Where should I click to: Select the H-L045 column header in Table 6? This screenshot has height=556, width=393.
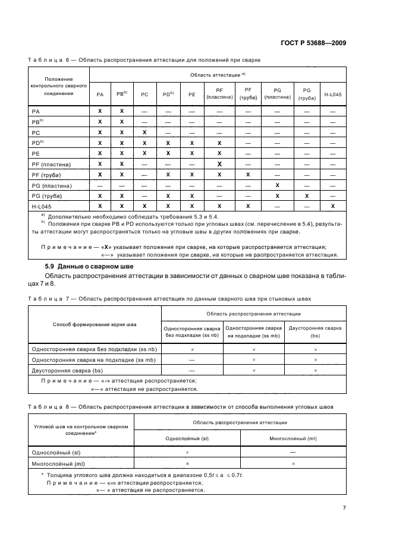pyautogui.click(x=332, y=94)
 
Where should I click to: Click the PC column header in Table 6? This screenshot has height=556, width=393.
pyautogui.click(x=144, y=94)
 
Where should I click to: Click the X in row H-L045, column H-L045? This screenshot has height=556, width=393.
pyautogui.click(x=332, y=206)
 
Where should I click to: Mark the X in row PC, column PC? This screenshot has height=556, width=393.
pyautogui.click(x=144, y=132)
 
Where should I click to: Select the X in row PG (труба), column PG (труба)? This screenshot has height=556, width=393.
pyautogui.click(x=307, y=195)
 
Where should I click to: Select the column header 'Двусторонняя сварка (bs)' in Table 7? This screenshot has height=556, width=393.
pyautogui.click(x=315, y=331)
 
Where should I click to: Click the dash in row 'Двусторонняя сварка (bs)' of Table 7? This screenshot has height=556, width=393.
pyautogui.click(x=192, y=370)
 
